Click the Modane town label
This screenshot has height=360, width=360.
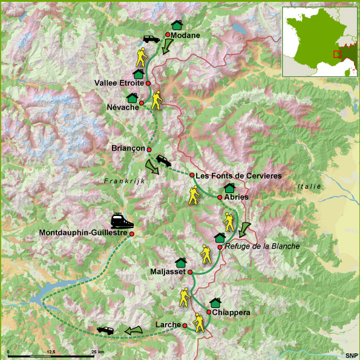tap(185, 36)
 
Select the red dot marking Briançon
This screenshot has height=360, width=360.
tap(149, 149)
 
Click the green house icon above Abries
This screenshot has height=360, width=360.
tap(229, 188)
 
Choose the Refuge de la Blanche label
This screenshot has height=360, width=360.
tap(262, 246)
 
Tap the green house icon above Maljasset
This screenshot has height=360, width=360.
tap(180, 262)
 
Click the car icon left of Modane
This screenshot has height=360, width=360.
tap(151, 39)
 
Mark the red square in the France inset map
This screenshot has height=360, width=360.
tap(337, 54)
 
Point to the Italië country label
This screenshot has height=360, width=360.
tap(309, 187)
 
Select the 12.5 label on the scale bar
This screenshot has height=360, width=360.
tap(50, 352)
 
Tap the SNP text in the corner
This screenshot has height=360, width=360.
tap(351, 355)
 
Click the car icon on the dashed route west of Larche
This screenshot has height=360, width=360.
tap(106, 330)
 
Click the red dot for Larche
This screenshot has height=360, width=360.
tap(185, 326)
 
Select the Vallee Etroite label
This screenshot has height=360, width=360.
tap(119, 83)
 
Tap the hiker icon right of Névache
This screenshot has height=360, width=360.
tap(157, 100)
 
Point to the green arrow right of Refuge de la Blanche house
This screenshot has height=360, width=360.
tap(244, 229)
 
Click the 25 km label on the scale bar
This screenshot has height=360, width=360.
tap(97, 352)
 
